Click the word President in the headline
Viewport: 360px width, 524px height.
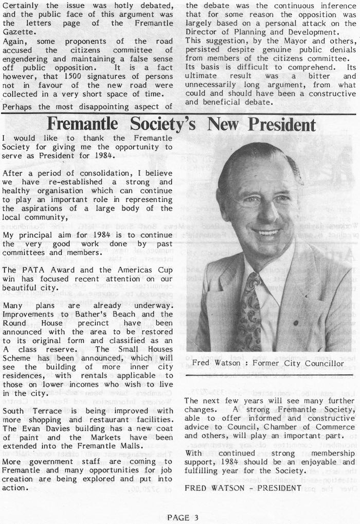275,125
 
